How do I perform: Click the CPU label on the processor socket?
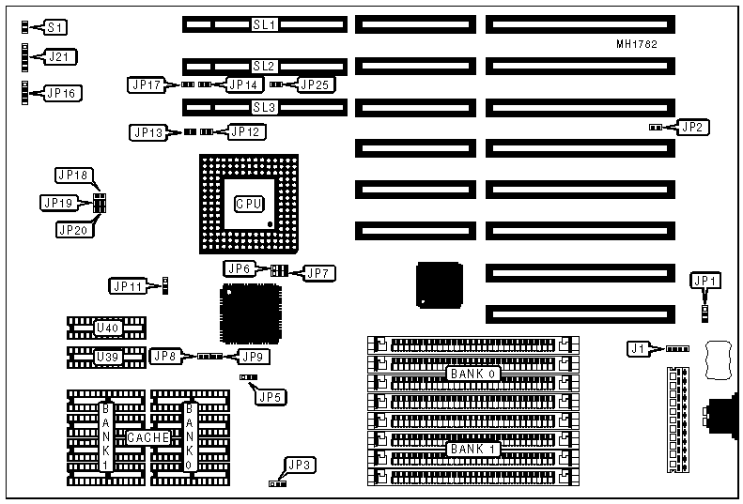coord(249,203)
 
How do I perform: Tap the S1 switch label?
coord(55,28)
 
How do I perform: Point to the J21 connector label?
coord(61,58)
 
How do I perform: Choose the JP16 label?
coord(64,93)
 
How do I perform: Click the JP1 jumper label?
coord(704,280)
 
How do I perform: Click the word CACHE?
coord(147,438)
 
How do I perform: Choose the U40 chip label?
coord(107,328)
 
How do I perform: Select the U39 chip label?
coord(107,358)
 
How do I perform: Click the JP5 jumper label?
coord(270,395)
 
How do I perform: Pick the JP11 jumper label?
coord(128,285)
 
